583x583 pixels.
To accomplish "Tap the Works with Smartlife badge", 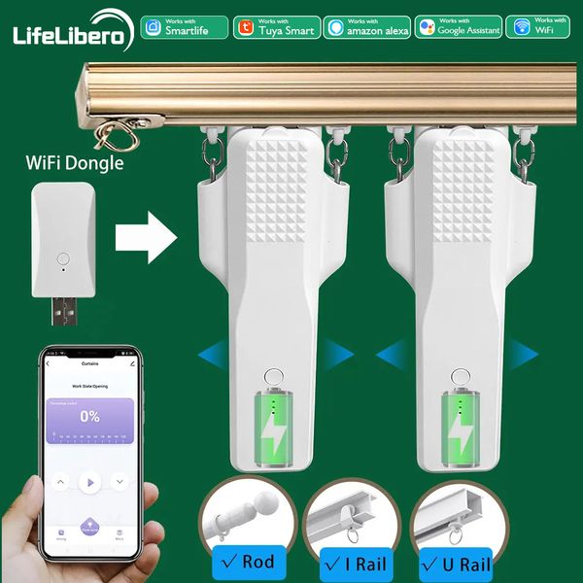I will [x=184, y=27].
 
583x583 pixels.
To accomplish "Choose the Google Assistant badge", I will [x=459, y=27].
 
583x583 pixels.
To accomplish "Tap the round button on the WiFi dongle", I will [x=63, y=259].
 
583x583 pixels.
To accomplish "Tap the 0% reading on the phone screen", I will [x=89, y=416].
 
